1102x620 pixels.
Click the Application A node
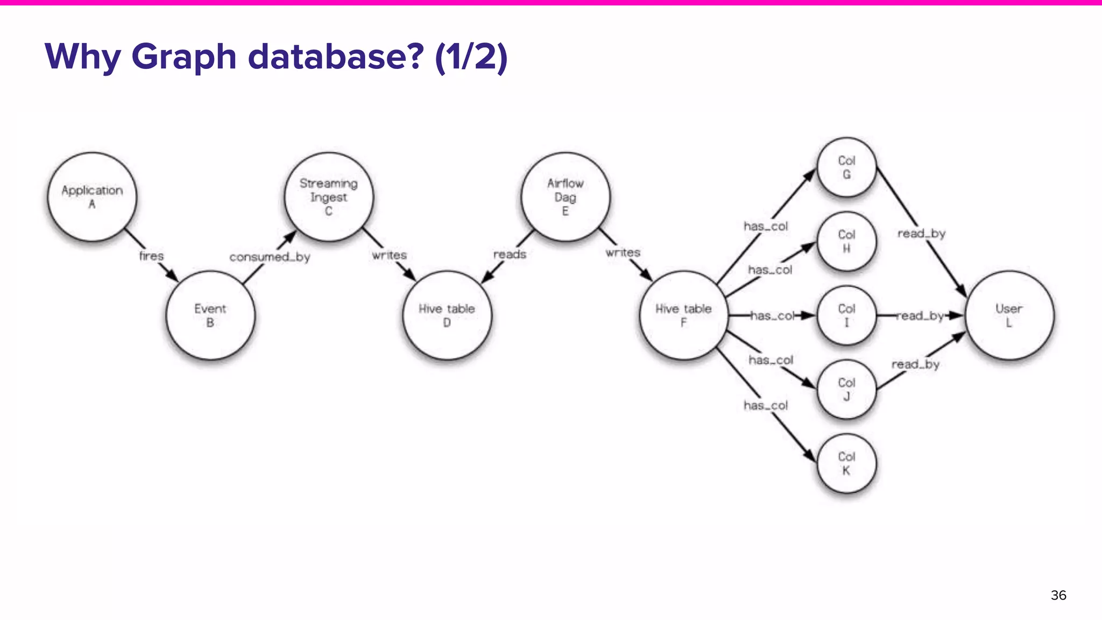coord(92,197)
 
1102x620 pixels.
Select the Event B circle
coord(210,315)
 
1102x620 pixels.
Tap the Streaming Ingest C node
coord(329,197)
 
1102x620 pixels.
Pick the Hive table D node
coord(447,315)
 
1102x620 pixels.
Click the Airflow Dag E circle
coord(566,197)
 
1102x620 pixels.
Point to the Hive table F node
coord(683,315)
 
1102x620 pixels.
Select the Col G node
coord(846,167)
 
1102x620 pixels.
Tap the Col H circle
coord(846,241)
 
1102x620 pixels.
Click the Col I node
coord(846,315)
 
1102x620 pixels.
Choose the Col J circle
coord(846,389)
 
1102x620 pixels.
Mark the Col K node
coord(846,463)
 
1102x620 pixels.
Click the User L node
coord(1009,315)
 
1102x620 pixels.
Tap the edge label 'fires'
coord(151,256)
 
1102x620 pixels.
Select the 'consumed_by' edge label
coord(270,257)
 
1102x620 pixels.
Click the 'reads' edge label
coord(510,254)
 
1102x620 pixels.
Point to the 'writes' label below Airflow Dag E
coord(623,252)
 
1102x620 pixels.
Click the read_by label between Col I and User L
coord(920,316)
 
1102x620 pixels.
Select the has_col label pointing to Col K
coord(766,405)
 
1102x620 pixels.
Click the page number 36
coord(1058,595)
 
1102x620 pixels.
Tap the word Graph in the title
coord(183,57)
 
